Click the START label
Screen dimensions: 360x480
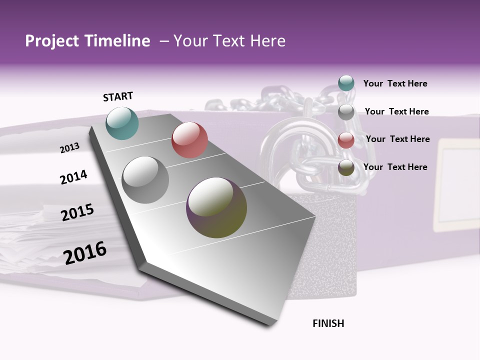click(x=118, y=96)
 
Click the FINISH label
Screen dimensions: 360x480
click(x=328, y=323)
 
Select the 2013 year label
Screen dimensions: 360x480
click(x=70, y=148)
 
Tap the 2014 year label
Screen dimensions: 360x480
click(x=73, y=177)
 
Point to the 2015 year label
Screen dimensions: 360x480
click(x=77, y=212)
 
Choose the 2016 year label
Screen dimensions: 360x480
click(x=85, y=252)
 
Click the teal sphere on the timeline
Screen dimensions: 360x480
click(x=122, y=123)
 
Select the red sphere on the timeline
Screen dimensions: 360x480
click(x=189, y=140)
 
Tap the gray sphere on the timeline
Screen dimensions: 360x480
click(x=145, y=180)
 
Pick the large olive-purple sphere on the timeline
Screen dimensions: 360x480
click(x=216, y=207)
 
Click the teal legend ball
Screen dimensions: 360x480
click(x=346, y=83)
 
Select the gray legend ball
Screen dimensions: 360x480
click(x=346, y=112)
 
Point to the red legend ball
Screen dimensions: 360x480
click(x=346, y=140)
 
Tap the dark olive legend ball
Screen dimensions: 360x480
click(x=346, y=167)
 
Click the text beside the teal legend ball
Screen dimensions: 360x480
click(x=395, y=83)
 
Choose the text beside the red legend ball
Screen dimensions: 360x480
click(x=397, y=139)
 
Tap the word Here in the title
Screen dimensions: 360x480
click(x=267, y=41)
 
